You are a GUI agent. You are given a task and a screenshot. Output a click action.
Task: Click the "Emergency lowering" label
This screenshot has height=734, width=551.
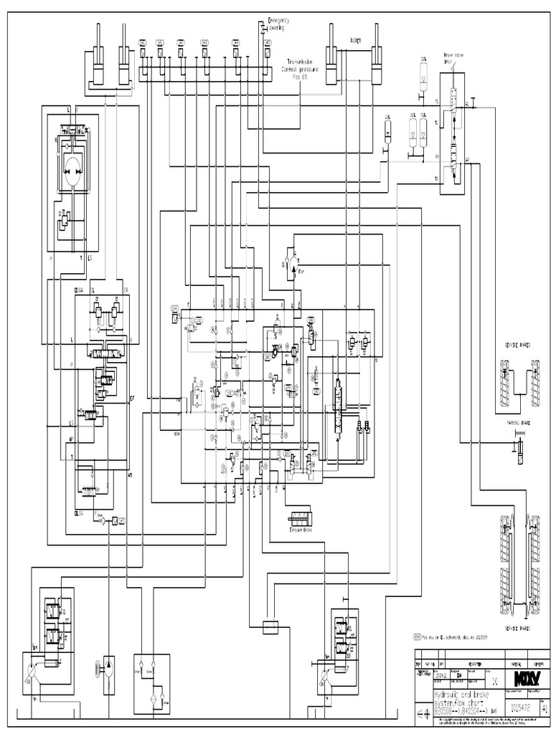pos(278,24)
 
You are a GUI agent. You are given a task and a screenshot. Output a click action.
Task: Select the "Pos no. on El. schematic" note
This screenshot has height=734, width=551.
pos(456,637)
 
